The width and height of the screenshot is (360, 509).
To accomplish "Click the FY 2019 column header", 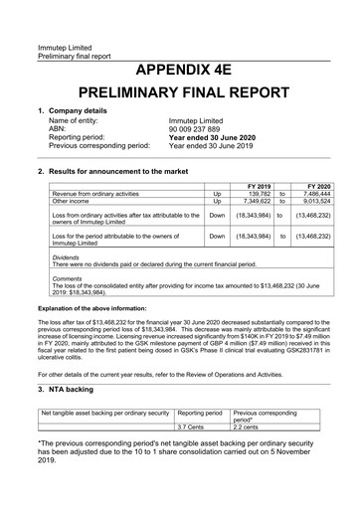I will pos(258,186).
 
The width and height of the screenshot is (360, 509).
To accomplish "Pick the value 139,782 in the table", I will pos(256,193).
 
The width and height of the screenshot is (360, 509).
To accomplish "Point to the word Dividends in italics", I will pos(66,256).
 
